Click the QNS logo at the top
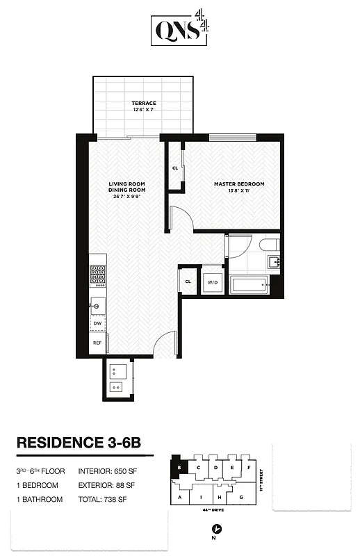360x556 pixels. point(179,31)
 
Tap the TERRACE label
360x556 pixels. point(144,104)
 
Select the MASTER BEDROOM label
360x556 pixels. point(239,183)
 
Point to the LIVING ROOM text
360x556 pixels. point(126,183)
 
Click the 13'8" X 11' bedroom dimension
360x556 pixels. point(239,190)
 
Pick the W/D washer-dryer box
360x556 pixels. point(212,281)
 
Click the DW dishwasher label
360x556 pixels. point(97,323)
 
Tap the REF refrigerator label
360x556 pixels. point(97,343)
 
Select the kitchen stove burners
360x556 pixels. point(97,276)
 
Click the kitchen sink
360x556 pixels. point(97,304)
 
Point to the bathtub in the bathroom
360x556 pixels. point(248,284)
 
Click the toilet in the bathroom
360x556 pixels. point(270,245)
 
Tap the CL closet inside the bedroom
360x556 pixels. point(175,167)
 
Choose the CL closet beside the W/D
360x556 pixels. point(188,281)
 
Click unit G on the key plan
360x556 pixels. point(240,497)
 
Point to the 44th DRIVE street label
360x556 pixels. point(213,510)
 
